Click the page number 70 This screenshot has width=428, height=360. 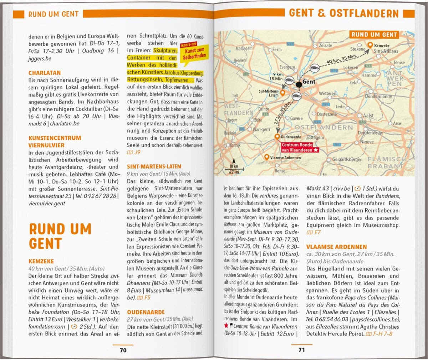123,350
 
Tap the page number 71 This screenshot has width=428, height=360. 302,350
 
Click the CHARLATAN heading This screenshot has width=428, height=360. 45,73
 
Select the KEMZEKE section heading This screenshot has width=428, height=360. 41,261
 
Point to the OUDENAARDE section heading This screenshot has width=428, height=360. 146,312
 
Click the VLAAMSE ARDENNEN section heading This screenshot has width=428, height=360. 336,247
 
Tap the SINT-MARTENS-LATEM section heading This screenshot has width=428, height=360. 154,166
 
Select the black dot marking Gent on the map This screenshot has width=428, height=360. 299,84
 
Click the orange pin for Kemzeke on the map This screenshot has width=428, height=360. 370,45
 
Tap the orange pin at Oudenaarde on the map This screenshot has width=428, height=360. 277,137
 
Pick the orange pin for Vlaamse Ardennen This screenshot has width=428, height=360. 266,157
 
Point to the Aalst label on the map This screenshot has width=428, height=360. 368,115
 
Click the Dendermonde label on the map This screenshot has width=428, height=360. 378,97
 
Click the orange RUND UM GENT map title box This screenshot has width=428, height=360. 374,35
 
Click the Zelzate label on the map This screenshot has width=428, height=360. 325,46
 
